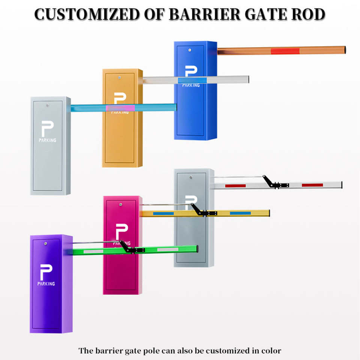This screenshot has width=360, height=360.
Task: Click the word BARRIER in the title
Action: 204,14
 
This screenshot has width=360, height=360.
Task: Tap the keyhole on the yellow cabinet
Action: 119,78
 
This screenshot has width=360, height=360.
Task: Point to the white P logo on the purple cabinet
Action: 46,272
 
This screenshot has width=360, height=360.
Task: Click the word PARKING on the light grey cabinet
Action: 47,140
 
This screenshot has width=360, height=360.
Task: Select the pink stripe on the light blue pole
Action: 120,108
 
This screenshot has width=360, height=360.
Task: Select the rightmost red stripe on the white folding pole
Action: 312,185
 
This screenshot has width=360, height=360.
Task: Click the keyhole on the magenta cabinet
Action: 121,204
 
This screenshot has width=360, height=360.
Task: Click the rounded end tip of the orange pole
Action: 343,50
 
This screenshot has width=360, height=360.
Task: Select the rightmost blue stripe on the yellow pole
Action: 240,213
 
